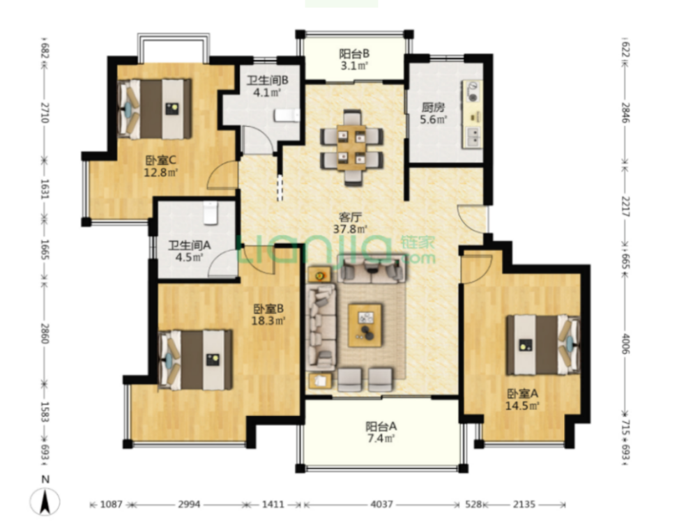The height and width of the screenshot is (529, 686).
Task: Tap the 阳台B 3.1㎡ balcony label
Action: (x=354, y=60)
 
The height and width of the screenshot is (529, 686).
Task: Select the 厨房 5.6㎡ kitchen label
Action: (x=433, y=113)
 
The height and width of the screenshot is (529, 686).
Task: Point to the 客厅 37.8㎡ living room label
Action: (x=351, y=223)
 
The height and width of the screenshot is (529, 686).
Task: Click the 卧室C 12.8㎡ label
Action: (x=160, y=166)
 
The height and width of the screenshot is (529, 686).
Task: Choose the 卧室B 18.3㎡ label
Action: (x=268, y=314)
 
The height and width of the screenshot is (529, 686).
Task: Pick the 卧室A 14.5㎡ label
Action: (x=522, y=399)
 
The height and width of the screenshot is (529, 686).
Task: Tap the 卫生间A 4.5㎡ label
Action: (x=190, y=251)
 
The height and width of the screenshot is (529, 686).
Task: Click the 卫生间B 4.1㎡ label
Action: (x=267, y=86)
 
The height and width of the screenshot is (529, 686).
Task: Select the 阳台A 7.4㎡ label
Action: (x=381, y=432)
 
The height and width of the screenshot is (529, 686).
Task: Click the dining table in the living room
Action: (x=351, y=148)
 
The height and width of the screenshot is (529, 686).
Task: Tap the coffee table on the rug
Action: (x=365, y=325)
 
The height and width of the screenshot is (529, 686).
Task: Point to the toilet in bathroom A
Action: (x=211, y=213)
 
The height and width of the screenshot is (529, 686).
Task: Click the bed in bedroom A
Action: (x=543, y=345)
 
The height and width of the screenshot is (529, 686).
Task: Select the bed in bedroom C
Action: (x=155, y=109)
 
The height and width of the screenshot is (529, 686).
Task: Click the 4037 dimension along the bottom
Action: (x=381, y=505)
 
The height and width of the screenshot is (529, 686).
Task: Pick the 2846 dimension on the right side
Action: (x=625, y=113)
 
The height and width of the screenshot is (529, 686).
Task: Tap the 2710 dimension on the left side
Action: (x=45, y=112)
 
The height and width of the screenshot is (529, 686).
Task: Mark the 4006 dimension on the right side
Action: (x=625, y=344)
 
